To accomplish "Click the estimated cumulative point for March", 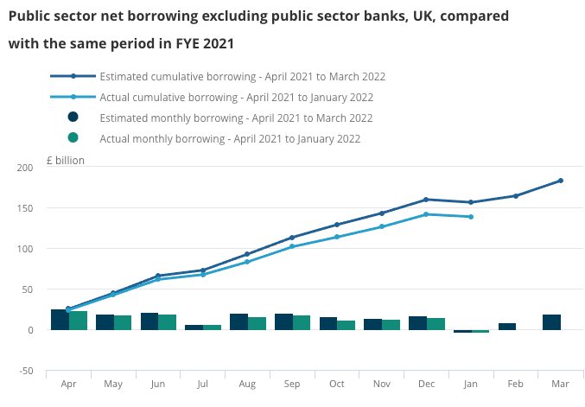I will click(560, 181).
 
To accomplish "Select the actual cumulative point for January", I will click(471, 217).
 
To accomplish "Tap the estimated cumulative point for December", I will click(426, 200).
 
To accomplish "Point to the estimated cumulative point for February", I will click(516, 196).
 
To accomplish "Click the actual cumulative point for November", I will click(382, 226).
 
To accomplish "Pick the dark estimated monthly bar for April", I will click(60, 320).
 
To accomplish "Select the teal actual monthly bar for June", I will click(167, 322).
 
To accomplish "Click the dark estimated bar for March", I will click(551, 322).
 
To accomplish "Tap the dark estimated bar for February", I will click(507, 327).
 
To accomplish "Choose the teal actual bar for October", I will click(346, 325).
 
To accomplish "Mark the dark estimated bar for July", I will click(194, 328).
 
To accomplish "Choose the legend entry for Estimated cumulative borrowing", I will click(242, 77).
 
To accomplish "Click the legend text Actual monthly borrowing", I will click(230, 138).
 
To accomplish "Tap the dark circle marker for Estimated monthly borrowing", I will click(73, 118).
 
